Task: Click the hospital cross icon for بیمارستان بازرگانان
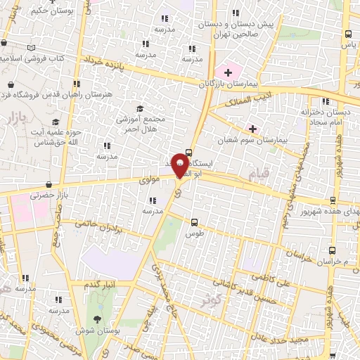pyautogui.click(x=228, y=72)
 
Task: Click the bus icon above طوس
pyautogui.click(x=195, y=221)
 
